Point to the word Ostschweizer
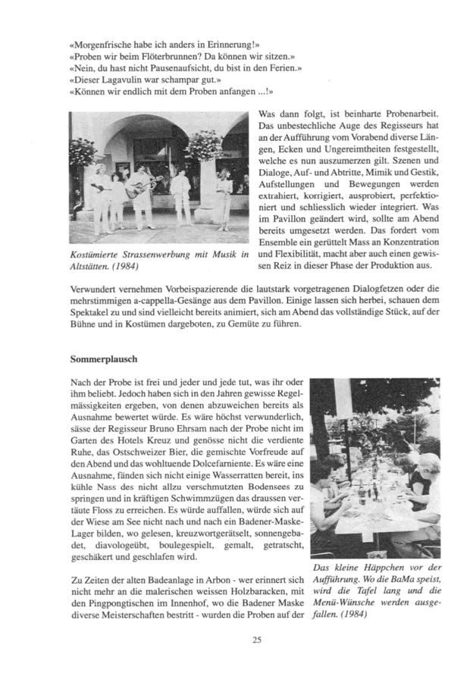point(139,442)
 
